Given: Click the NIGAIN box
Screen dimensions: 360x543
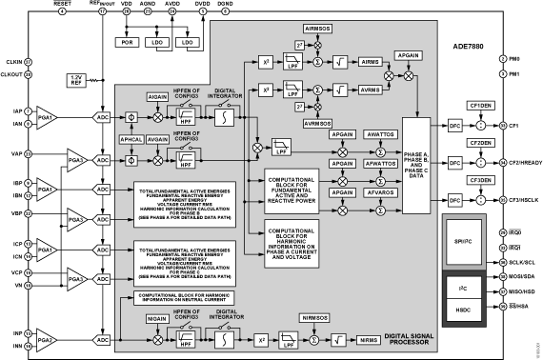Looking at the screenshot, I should point(158,323).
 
